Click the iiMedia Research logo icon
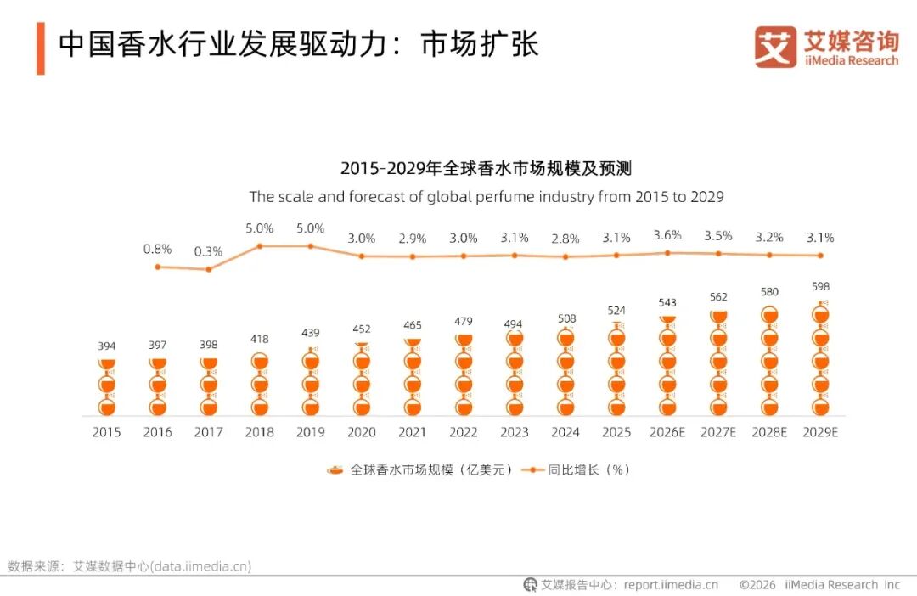coord(775,47)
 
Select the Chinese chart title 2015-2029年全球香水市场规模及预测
coord(486,168)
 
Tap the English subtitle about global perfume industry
coord(486,196)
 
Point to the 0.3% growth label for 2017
coord(208,251)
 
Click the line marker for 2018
coord(260,246)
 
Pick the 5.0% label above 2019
coord(311,228)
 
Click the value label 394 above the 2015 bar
coord(106,346)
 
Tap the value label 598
coord(820,286)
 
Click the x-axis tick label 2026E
coord(667,432)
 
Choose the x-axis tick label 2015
coord(106,432)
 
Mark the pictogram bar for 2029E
coord(820,358)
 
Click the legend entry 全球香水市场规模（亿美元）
coord(420,469)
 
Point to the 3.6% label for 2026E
coord(667,235)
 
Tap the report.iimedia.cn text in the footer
coord(671,584)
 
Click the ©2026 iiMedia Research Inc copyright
coord(819,584)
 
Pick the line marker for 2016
coord(157,267)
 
